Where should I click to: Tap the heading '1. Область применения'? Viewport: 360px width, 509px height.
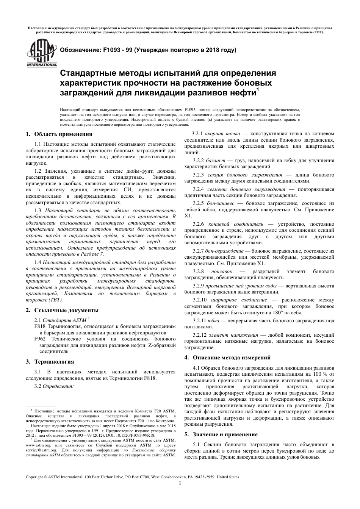pos(59,134)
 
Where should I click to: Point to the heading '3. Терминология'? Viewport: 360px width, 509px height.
pos(49,361)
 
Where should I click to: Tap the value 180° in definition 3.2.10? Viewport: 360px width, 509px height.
pos(274,313)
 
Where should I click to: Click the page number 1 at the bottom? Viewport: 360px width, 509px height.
pos(180,483)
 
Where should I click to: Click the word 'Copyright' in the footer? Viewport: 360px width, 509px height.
pos(34,477)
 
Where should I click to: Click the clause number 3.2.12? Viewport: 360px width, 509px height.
pos(199,335)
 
